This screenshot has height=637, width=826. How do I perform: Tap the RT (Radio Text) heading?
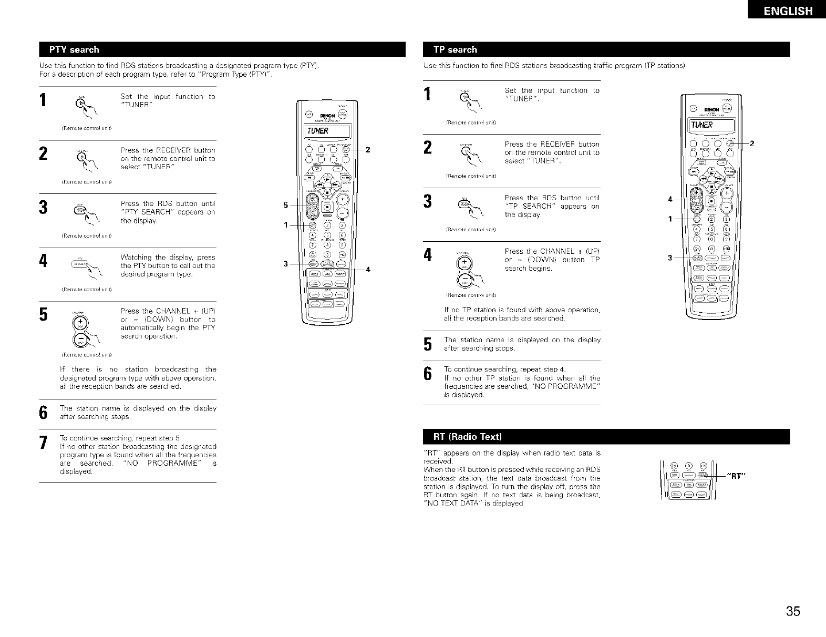[x=468, y=437]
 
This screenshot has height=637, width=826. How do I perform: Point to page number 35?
[x=793, y=612]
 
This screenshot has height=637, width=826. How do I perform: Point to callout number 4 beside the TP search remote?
[x=669, y=199]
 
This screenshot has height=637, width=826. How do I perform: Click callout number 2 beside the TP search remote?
[x=751, y=144]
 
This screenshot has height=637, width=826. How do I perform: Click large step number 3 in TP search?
[x=428, y=201]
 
